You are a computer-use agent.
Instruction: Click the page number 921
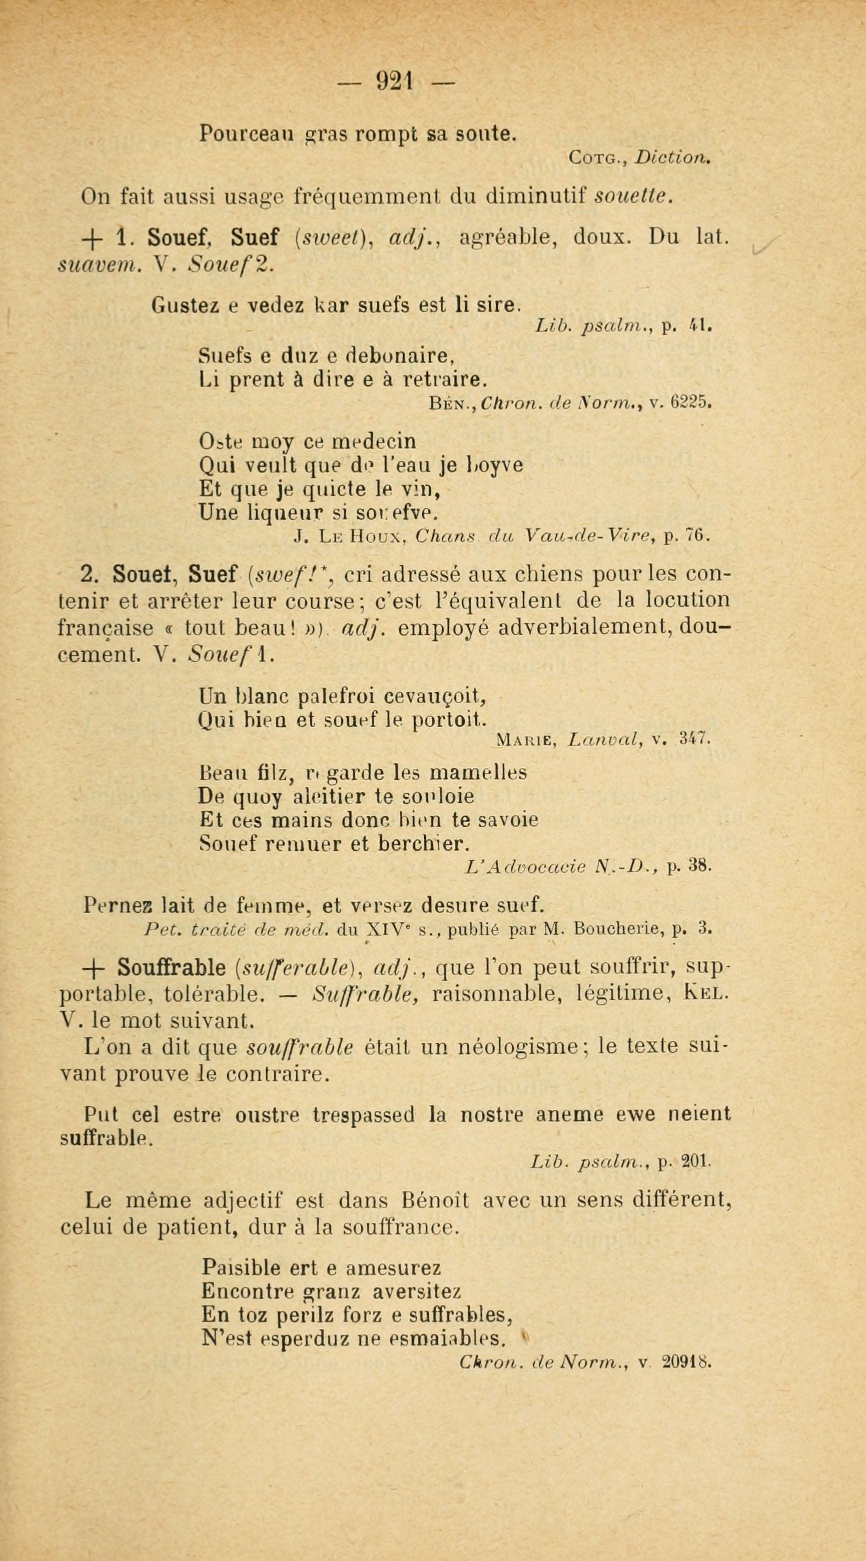tap(395, 81)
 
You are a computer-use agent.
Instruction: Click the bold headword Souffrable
tap(172, 968)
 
